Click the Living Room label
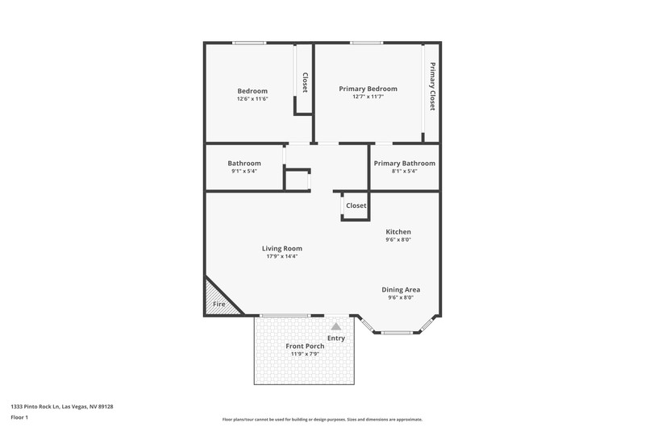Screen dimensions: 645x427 (281, 249)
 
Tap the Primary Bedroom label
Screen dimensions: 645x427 (368, 89)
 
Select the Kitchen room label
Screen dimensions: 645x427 (398, 232)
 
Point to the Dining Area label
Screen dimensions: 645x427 (401, 290)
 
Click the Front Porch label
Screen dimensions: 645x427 (305, 346)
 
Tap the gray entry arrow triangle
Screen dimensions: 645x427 (336, 326)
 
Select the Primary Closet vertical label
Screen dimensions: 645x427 (432, 86)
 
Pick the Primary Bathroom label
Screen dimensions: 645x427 (405, 164)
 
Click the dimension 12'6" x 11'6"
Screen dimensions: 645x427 (252, 99)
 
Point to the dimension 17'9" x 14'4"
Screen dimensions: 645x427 (281, 256)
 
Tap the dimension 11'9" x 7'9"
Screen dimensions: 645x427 (305, 354)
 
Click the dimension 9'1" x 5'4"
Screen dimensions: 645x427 (244, 171)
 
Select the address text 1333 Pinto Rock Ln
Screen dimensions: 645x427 (35, 406)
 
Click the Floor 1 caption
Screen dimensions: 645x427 (19, 417)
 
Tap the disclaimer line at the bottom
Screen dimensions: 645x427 (322, 420)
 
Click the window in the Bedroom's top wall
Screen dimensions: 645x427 (249, 43)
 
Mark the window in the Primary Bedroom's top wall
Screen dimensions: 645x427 (367, 43)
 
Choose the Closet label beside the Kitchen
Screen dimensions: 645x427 (356, 205)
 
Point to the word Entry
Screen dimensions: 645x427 (336, 338)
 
